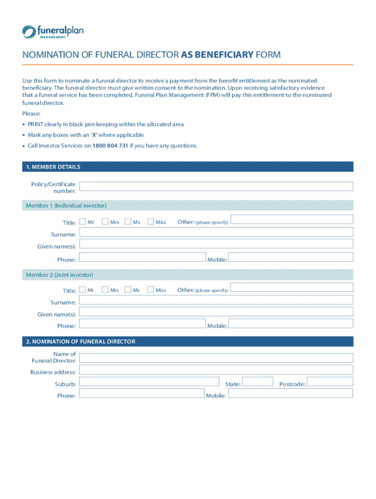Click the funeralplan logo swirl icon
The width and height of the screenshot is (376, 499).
click(x=29, y=32)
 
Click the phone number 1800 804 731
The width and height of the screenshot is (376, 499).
click(x=110, y=146)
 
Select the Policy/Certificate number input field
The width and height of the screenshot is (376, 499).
click(x=216, y=186)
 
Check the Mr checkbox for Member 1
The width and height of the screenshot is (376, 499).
click(x=83, y=222)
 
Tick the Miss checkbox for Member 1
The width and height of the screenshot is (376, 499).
click(x=150, y=222)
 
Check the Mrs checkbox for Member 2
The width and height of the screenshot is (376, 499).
click(x=105, y=290)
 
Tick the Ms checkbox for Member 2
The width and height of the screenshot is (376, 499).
click(x=128, y=290)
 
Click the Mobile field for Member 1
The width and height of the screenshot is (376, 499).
click(x=291, y=257)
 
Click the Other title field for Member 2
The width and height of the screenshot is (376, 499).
click(x=292, y=288)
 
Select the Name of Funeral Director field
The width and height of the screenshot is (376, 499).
click(x=216, y=358)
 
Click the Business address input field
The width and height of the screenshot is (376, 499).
click(x=216, y=370)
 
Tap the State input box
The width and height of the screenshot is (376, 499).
click(x=257, y=382)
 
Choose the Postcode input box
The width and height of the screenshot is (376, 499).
click(x=330, y=382)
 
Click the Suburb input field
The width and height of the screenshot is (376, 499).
click(x=149, y=382)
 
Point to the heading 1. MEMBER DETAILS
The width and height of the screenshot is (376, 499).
click(x=53, y=167)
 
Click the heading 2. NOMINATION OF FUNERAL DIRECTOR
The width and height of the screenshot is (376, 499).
click(x=81, y=342)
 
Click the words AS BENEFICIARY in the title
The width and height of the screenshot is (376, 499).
click(x=217, y=55)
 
